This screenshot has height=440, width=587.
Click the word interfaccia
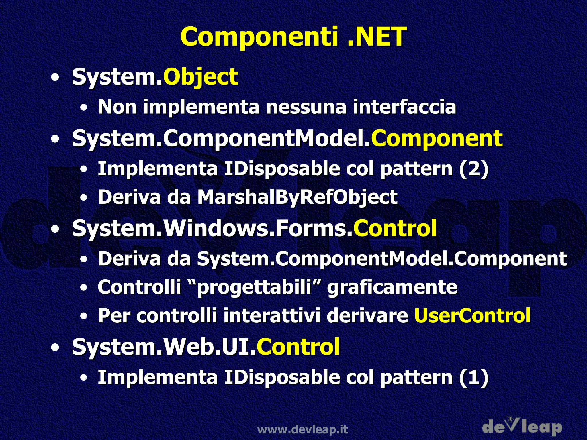[404, 107]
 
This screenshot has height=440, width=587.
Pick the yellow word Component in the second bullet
[437, 138]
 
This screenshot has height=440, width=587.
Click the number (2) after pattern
[473, 169]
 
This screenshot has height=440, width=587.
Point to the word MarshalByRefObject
[297, 197]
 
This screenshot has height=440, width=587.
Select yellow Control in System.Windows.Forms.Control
[395, 228]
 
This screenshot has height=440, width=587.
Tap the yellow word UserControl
[472, 315]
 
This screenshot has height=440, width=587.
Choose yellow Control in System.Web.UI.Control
[298, 347]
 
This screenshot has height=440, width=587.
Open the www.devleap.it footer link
[302, 429]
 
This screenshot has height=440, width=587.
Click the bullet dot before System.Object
[55, 77]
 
